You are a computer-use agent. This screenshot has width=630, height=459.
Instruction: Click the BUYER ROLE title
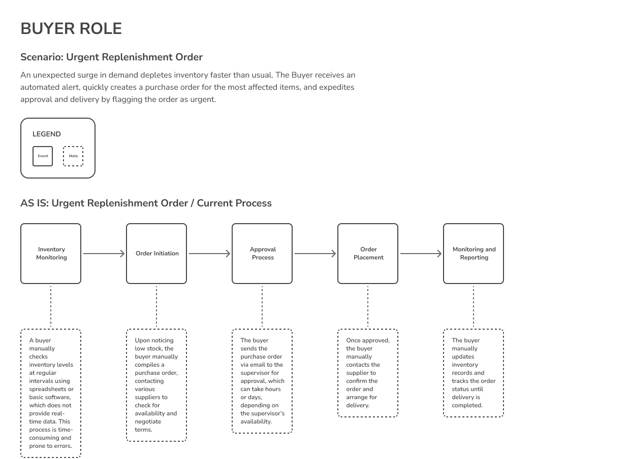[x=71, y=28]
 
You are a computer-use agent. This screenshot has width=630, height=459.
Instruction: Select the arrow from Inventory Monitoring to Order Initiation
[x=104, y=254]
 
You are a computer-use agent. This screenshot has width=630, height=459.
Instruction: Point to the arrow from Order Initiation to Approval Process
[x=209, y=254]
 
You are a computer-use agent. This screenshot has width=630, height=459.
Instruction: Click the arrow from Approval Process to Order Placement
[x=316, y=254]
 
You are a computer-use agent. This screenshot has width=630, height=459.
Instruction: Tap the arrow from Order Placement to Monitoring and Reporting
[x=421, y=254]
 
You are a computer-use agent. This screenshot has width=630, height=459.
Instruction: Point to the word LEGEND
[x=47, y=134]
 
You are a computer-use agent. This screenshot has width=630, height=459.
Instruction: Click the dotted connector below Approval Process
[x=262, y=306]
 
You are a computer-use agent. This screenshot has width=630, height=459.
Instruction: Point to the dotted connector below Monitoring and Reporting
[x=474, y=306]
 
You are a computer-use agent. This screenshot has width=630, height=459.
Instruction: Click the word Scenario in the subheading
[x=42, y=57]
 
